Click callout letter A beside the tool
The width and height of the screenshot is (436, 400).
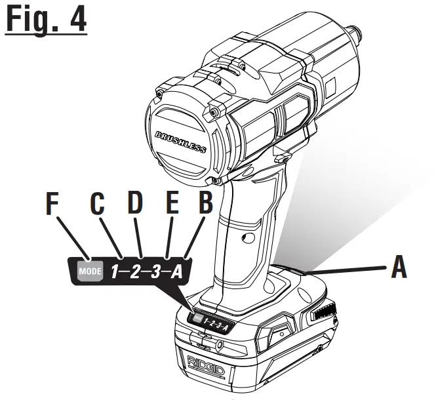(x=399, y=267)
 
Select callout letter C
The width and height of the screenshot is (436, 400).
(x=98, y=205)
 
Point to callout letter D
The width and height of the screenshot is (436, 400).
(x=136, y=205)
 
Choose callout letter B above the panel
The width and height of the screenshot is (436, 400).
(x=206, y=205)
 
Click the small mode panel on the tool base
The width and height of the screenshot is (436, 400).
(x=210, y=321)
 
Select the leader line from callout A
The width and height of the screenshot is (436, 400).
(x=347, y=268)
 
